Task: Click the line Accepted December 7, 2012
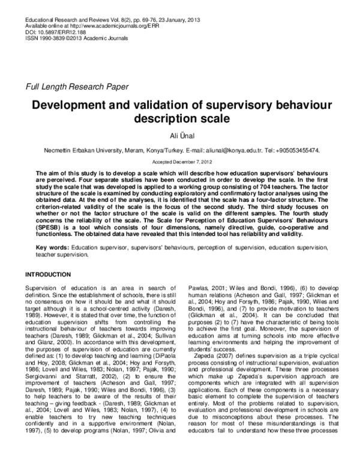[x=179, y=162]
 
